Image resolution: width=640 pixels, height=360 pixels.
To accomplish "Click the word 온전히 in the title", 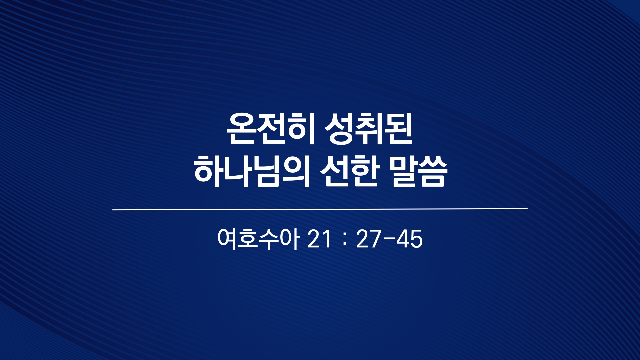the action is tap(271, 129).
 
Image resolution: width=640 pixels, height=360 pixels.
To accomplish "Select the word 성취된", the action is tap(369, 129).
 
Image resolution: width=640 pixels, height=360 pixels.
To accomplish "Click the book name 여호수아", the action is tap(258, 239).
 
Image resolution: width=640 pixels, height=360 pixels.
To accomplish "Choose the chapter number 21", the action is tap(319, 239).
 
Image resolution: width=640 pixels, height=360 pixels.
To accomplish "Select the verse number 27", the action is tap(368, 239).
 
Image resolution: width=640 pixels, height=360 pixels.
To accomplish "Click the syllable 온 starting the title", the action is tap(241, 129).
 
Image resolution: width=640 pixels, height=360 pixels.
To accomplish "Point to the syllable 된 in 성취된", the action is tap(399, 129).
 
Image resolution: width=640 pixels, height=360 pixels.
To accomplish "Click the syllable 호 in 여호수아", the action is tap(248, 239).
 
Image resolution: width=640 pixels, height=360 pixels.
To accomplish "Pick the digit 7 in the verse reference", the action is tap(375, 239).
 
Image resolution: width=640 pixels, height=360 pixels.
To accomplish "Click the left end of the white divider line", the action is tap(113, 210).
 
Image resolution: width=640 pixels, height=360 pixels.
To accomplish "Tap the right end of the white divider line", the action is tap(527, 209).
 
